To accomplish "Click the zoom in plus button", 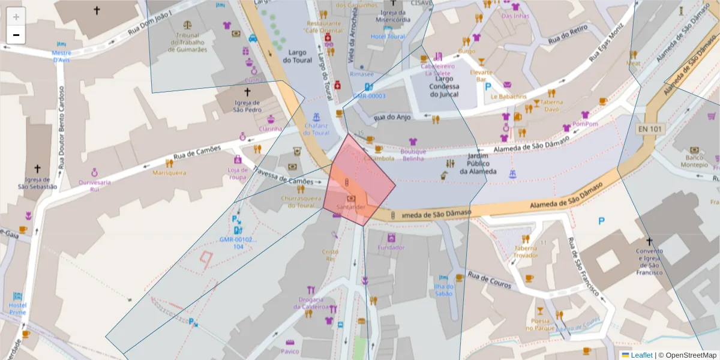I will (x=16, y=17).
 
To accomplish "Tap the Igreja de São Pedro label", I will (x=247, y=106).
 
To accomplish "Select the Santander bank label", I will (x=351, y=207).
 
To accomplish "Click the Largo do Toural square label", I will (x=298, y=56).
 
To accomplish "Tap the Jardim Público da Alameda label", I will (x=478, y=163).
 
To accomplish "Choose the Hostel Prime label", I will (x=18, y=308).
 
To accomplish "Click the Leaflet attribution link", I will (x=641, y=355).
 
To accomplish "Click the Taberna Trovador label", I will (x=526, y=252).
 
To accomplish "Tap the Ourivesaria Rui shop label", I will (x=94, y=185).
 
